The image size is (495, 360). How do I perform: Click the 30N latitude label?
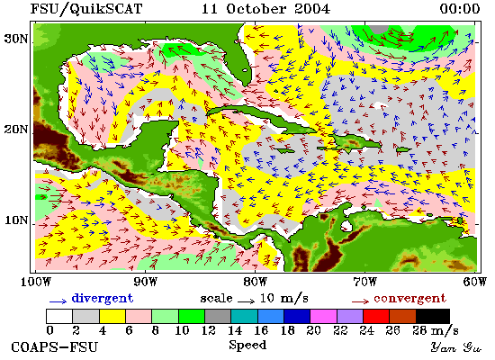coord(16,40)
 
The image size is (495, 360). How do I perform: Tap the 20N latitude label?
coord(16,130)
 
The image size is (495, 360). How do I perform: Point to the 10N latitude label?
coord(16,220)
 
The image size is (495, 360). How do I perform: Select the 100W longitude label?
coord(36,282)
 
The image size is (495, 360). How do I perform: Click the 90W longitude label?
coord(145,282)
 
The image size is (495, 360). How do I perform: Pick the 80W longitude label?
coord(255,282)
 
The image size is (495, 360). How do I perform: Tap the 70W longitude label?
coord(364,282)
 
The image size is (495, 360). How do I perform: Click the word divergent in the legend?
coord(103,299)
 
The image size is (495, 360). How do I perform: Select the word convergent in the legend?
coord(410,299)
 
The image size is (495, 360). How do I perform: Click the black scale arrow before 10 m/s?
coord(246,301)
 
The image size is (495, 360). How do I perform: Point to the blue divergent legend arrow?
coord(58,301)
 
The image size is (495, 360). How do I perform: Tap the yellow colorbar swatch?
coord(112,317)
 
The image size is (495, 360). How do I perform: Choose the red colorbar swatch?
coord(376,317)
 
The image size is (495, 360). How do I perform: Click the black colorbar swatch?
coord(433,317)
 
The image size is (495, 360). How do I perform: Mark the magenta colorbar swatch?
coord(323,317)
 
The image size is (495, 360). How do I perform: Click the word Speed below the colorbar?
coord(247,346)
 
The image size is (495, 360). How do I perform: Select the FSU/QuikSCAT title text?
coord(86,8)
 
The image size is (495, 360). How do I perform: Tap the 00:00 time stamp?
coord(460,8)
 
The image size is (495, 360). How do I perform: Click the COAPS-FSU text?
coord(54,347)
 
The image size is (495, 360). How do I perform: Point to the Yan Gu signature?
coord(456,347)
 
